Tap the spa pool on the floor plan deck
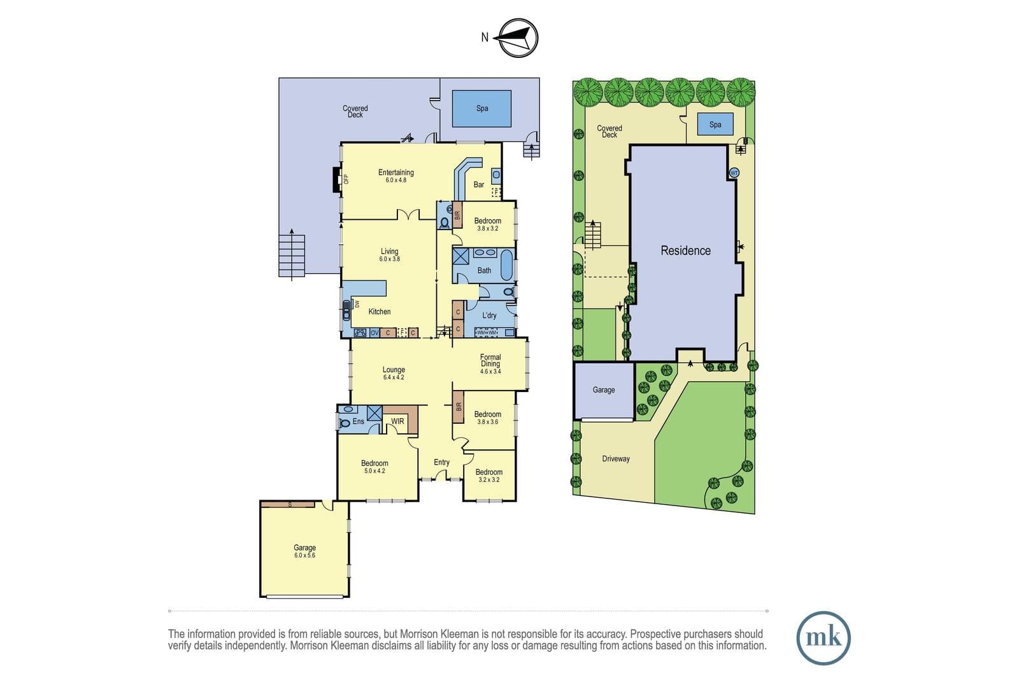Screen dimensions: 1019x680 click(x=481, y=108)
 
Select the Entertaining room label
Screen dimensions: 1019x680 click(x=395, y=173)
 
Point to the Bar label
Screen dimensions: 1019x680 click(x=478, y=184)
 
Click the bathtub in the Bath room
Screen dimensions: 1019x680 click(x=507, y=264)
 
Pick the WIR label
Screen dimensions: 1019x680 click(x=397, y=421)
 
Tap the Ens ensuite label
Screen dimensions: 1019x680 click(x=359, y=421)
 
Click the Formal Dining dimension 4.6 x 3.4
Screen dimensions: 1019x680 click(x=490, y=372)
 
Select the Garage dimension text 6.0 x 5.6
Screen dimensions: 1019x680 click(x=304, y=555)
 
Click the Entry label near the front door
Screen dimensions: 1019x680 click(x=441, y=462)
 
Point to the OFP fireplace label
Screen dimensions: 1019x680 click(x=346, y=179)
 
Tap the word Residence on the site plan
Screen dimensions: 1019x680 click(x=685, y=250)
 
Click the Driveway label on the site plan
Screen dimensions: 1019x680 click(x=616, y=459)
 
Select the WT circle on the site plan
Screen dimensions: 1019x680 click(x=734, y=173)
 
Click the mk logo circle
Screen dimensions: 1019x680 click(x=823, y=638)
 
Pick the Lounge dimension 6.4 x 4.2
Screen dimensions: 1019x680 click(x=394, y=377)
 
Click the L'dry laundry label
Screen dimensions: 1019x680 click(x=489, y=315)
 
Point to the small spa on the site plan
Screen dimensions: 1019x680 click(x=715, y=124)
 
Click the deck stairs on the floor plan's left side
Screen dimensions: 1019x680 click(x=292, y=255)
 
